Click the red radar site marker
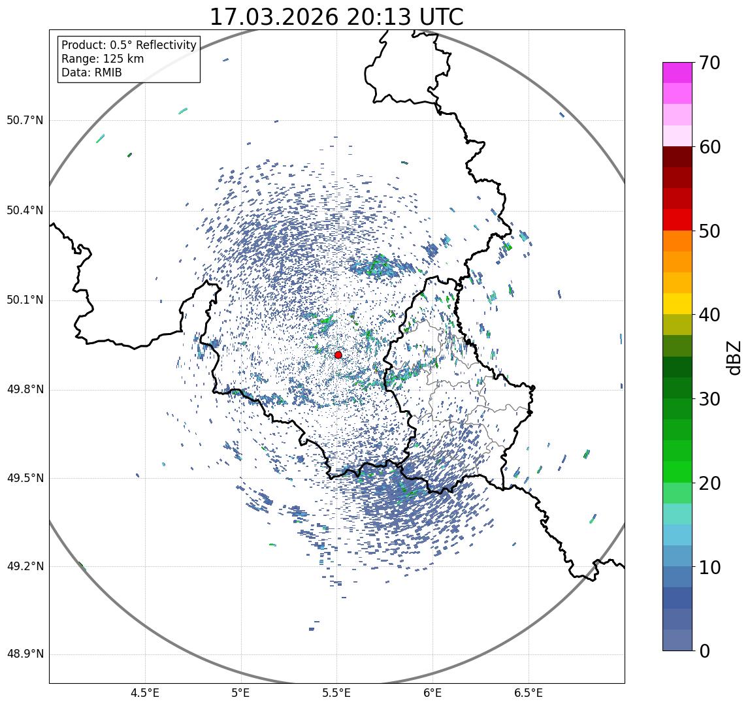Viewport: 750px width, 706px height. click(x=338, y=355)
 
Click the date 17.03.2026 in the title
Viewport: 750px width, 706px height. click(x=274, y=18)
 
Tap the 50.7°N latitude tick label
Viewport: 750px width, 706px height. click(x=25, y=121)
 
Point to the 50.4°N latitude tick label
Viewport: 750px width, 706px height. click(x=25, y=211)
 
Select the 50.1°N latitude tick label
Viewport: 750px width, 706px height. click(x=25, y=300)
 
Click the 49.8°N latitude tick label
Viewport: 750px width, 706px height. click(x=25, y=390)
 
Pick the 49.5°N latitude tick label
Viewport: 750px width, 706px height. click(x=25, y=478)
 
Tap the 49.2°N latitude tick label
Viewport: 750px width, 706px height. click(x=25, y=566)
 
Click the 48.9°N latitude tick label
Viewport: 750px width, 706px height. click(x=25, y=654)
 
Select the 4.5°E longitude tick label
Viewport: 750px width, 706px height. click(x=145, y=693)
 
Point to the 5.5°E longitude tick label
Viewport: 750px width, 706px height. click(x=336, y=693)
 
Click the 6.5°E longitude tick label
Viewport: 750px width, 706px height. click(x=528, y=693)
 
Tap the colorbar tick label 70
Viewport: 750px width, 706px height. click(x=710, y=63)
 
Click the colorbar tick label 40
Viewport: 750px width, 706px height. click(x=710, y=315)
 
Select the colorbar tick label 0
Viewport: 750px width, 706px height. click(x=704, y=651)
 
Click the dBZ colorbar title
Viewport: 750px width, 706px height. click(x=735, y=357)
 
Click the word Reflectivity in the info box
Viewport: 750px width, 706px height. click(x=164, y=45)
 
